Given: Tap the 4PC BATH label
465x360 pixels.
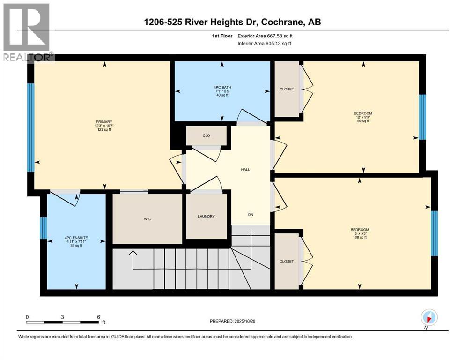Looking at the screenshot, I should pos(222,87).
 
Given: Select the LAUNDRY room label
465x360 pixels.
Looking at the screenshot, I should pos(206,216).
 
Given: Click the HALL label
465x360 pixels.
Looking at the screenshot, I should pos(245,169).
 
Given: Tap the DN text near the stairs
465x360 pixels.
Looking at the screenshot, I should pos(251,216).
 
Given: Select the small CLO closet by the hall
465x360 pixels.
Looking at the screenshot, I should pos(206,136).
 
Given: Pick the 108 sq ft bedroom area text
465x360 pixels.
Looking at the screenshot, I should pos(360,237).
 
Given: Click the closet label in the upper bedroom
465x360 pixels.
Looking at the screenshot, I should pos(287,89).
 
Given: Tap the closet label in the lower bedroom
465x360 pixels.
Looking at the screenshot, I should pos(287,262).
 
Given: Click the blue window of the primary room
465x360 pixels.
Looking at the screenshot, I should pos(30,127).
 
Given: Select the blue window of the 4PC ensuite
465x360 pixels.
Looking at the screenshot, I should pos(43,228).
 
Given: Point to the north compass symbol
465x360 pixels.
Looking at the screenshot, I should pos(429,317).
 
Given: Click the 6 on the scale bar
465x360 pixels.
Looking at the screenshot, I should pos(98,317).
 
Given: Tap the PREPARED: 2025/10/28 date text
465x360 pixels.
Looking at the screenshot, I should pos(232,321).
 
